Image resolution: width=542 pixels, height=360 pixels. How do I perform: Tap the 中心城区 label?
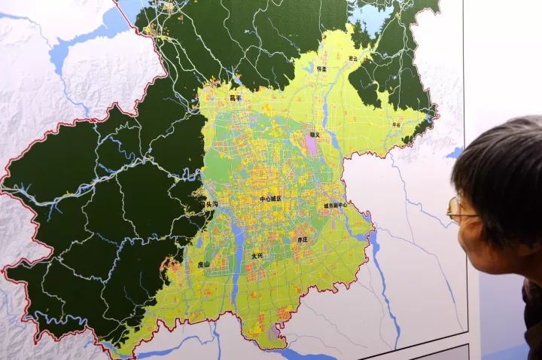coord(269,198)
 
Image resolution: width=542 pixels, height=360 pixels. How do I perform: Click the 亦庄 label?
coord(302,239)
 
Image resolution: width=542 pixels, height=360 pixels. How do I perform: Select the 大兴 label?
coord(257,256)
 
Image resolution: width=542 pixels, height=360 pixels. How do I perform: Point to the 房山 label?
coord(204,264)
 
